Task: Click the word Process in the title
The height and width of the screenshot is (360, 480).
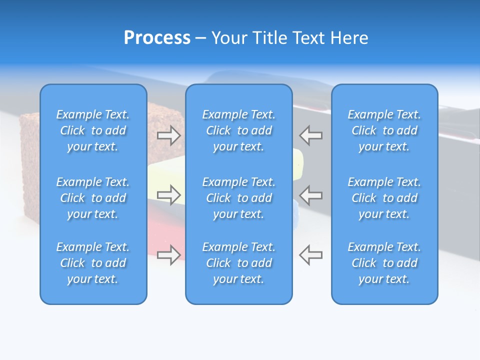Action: pos(157,38)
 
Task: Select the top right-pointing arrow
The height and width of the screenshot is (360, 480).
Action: pos(169,135)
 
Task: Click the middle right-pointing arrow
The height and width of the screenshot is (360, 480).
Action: pos(169,195)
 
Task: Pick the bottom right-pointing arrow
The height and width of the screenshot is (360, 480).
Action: pos(169,255)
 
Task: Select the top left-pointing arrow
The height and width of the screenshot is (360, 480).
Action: pos(310,135)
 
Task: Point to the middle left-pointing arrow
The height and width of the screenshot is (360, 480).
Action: pos(310,195)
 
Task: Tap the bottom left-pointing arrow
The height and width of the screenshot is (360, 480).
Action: pos(310,255)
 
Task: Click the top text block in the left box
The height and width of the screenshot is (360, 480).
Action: pos(93,130)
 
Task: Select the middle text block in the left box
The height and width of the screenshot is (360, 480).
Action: pos(93,198)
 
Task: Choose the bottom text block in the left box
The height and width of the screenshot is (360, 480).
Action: pos(93,263)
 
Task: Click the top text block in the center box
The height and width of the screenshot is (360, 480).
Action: pos(238,130)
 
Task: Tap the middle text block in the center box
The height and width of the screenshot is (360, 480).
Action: pos(238,198)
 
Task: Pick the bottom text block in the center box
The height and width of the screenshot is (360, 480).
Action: pos(238,263)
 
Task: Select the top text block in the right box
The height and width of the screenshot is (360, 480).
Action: pos(384,130)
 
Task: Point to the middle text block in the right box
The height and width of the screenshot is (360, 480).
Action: pos(384,198)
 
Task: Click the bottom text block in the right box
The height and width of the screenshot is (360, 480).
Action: pos(384,263)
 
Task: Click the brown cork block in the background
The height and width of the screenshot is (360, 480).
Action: pos(30,150)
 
